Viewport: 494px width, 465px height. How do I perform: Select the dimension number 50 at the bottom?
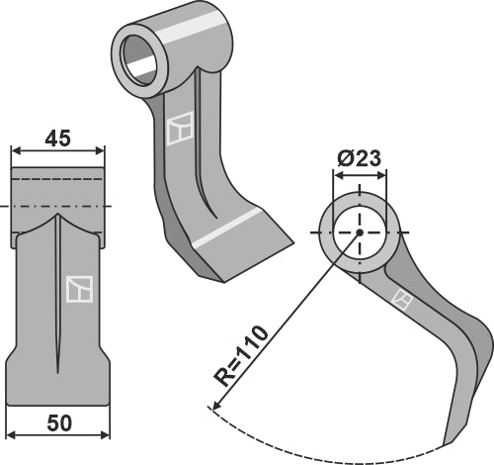58,422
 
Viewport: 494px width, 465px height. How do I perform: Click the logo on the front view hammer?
78,288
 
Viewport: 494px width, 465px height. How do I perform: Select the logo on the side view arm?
401,298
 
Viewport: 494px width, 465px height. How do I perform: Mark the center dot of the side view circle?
360,232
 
